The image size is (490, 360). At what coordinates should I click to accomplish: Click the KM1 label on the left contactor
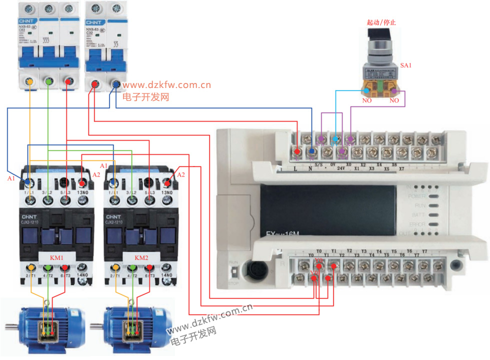click(x=56, y=257)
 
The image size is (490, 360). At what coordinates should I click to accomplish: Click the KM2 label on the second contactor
click(x=141, y=257)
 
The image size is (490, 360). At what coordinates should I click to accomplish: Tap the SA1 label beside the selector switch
click(x=405, y=65)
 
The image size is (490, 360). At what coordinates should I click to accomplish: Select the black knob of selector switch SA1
click(x=375, y=35)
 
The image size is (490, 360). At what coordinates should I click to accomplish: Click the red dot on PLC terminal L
click(x=297, y=150)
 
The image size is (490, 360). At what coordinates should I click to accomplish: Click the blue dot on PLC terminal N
click(x=311, y=150)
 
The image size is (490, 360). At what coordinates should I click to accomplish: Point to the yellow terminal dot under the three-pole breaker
click(x=30, y=81)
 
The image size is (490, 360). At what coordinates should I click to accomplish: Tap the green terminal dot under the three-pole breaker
click(x=49, y=81)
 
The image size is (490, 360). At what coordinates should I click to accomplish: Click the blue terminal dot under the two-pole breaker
click(x=116, y=85)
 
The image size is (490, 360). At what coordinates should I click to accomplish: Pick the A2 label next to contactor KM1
click(x=97, y=174)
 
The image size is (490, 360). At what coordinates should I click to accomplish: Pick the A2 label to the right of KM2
click(x=181, y=174)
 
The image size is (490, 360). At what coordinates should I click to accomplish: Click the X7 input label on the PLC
click(x=401, y=169)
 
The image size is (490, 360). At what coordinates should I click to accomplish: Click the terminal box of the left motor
click(x=48, y=329)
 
